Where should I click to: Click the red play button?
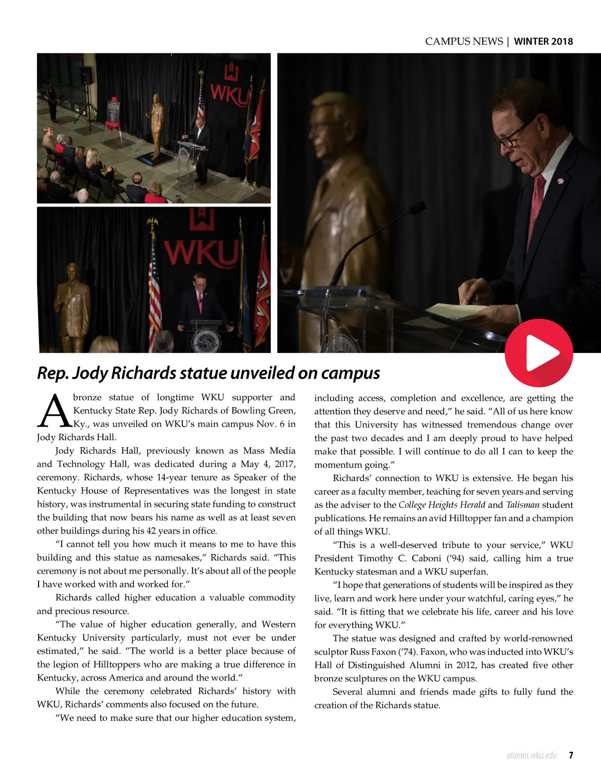(538, 352)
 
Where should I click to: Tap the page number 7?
(571, 755)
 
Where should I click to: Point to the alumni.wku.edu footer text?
(531, 755)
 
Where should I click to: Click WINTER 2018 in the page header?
(543, 42)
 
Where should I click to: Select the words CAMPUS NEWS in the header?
(464, 42)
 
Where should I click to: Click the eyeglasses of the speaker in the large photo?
(512, 135)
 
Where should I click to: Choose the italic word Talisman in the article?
(522, 505)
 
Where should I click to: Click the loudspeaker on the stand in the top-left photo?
(87, 75)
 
